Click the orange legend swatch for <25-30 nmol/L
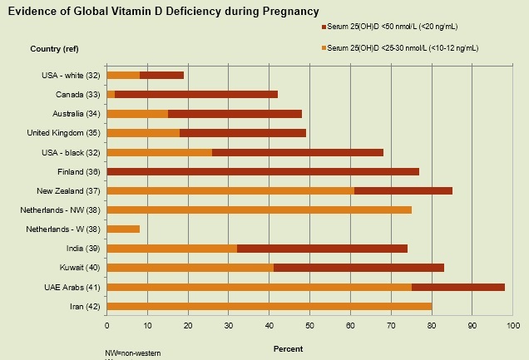pyautogui.click(x=324, y=48)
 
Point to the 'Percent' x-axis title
pyautogui.click(x=288, y=348)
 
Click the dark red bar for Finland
pyautogui.click(x=263, y=171)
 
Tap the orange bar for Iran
pyautogui.click(x=269, y=306)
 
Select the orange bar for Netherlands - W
pyautogui.click(x=123, y=229)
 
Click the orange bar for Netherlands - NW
pyautogui.click(x=260, y=210)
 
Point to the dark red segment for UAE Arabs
pyautogui.click(x=458, y=287)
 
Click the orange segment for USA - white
pyautogui.click(x=123, y=75)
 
